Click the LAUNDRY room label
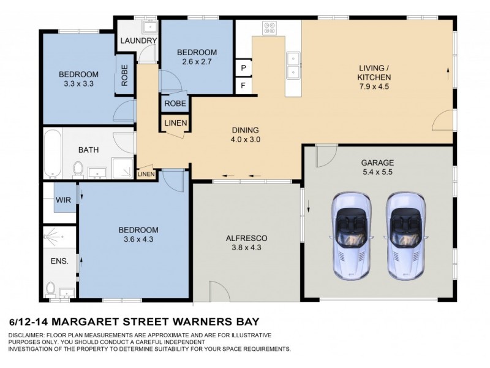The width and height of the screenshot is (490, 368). (139, 41)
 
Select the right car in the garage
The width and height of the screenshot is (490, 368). (405, 235)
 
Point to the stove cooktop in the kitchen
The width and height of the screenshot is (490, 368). (269, 28)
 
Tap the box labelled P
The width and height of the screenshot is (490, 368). (243, 68)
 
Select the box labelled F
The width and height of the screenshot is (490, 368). (243, 86)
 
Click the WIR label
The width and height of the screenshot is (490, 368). (62, 200)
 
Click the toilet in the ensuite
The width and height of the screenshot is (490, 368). (51, 288)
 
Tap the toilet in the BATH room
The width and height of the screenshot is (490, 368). (78, 167)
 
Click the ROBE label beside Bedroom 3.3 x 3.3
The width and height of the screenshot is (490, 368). (124, 76)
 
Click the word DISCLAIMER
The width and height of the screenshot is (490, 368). (28, 335)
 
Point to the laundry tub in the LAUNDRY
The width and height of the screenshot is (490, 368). (148, 27)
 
